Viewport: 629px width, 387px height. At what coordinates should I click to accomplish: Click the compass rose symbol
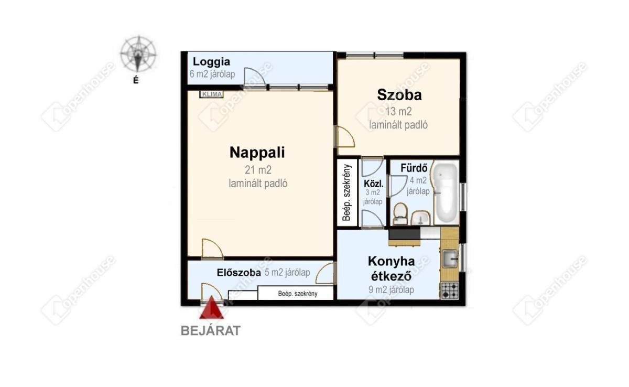click(x=138, y=53)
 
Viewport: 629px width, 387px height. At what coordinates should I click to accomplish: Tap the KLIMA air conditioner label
click(x=211, y=94)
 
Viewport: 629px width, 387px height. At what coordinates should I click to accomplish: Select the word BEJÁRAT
click(x=211, y=331)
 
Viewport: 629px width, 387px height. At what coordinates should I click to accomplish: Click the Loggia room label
click(x=211, y=61)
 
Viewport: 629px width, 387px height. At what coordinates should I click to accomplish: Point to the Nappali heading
click(x=257, y=153)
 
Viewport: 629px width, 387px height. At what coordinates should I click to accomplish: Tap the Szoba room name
click(x=399, y=95)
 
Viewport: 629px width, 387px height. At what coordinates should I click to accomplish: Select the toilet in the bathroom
click(x=400, y=214)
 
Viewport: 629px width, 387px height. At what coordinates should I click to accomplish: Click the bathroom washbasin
click(x=420, y=218)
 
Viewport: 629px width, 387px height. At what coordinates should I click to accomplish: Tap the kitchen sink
click(x=450, y=259)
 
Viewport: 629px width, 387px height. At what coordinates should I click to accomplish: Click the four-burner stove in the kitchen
click(x=449, y=291)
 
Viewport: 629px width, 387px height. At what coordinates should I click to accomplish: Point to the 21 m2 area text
click(x=258, y=170)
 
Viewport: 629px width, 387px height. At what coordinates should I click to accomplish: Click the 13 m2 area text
click(x=398, y=112)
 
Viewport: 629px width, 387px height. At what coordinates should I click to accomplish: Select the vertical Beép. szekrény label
click(x=347, y=192)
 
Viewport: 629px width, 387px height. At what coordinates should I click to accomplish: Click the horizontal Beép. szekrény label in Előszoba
click(x=298, y=294)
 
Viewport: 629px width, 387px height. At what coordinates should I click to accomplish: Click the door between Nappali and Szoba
click(x=345, y=137)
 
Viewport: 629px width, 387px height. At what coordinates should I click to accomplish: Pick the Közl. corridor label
click(x=373, y=184)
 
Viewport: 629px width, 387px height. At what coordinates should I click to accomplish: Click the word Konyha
click(x=391, y=261)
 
